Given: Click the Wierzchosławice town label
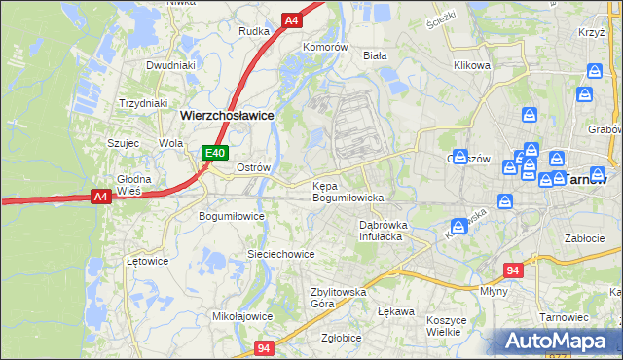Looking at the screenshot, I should pyautogui.click(x=227, y=115).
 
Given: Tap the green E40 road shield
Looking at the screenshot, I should pyautogui.click(x=215, y=153).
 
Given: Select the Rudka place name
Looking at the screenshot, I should pyautogui.click(x=254, y=31).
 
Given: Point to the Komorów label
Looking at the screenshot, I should pyautogui.click(x=325, y=47).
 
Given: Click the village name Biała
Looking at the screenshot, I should pyautogui.click(x=375, y=55).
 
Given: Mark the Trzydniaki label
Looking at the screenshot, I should pyautogui.click(x=143, y=103).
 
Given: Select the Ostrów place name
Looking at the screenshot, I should pyautogui.click(x=253, y=167).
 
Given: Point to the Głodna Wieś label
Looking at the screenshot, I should pyautogui.click(x=134, y=185).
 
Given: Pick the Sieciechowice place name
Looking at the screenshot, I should pyautogui.click(x=280, y=254).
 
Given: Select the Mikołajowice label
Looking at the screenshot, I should pyautogui.click(x=242, y=316).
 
